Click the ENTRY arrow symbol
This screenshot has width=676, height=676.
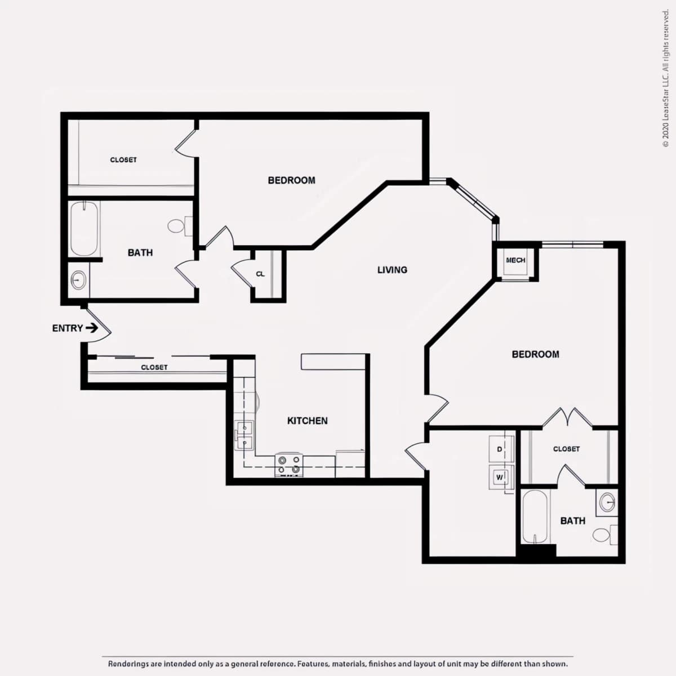[92, 328]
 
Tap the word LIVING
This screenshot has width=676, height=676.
[392, 270]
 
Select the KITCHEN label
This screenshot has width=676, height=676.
[308, 421]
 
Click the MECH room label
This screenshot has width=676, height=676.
[515, 260]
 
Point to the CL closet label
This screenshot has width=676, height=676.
[260, 274]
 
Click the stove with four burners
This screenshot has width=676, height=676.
[289, 465]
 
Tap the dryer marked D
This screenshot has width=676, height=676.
[501, 449]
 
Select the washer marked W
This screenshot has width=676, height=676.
[501, 477]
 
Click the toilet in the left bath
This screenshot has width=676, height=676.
[180, 226]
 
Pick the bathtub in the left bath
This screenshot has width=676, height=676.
[84, 229]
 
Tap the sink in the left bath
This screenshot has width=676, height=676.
[78, 280]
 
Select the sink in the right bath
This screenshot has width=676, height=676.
[607, 502]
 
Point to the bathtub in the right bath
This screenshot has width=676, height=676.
[535, 517]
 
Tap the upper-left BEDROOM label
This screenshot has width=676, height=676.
[291, 180]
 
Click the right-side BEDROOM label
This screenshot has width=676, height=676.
[535, 354]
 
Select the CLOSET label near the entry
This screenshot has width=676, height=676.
[154, 367]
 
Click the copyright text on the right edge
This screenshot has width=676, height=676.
[665, 79]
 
